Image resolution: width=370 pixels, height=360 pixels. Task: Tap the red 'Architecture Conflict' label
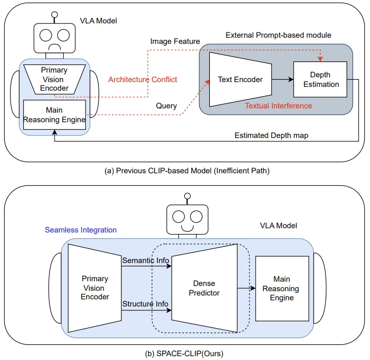click(142, 79)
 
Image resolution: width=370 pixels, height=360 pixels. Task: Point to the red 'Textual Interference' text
click(278, 106)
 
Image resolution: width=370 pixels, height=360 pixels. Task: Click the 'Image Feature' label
click(175, 42)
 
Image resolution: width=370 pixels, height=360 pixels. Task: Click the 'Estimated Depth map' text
click(271, 136)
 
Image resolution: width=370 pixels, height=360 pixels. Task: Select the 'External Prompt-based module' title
click(278, 35)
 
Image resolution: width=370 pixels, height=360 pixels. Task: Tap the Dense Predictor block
click(204, 288)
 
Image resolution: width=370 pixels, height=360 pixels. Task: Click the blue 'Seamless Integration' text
click(81, 230)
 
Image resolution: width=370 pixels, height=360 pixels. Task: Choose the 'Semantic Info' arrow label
click(146, 261)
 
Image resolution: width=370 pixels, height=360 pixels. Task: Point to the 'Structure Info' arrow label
click(146, 304)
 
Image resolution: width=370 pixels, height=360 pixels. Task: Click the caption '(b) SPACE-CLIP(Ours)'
click(184, 354)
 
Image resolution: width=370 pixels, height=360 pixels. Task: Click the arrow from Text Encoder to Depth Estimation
click(282, 80)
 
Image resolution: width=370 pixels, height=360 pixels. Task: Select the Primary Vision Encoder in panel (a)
click(54, 79)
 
